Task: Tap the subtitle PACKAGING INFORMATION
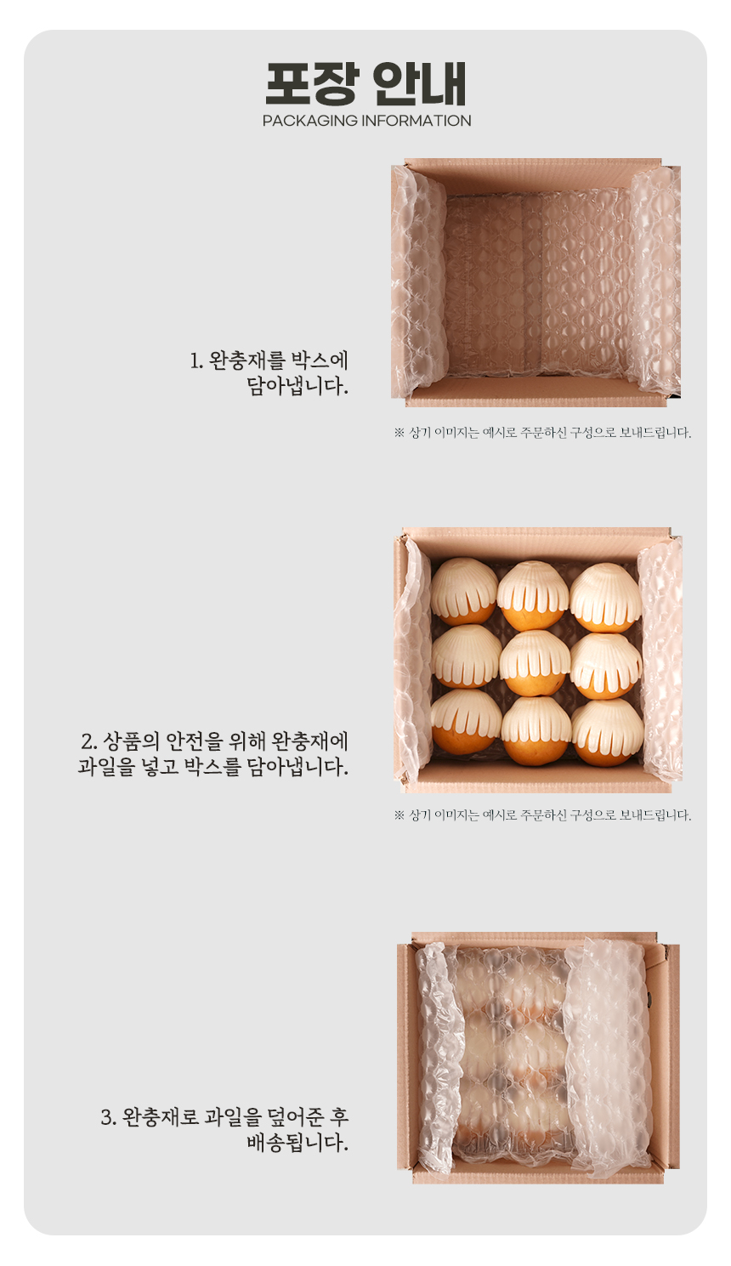pos(366,121)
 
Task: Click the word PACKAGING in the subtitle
pos(310,121)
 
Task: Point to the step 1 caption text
pos(269,373)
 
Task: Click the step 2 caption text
pos(213,754)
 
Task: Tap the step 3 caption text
pos(225,1130)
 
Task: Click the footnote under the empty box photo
pos(542,433)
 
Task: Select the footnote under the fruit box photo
pos(542,815)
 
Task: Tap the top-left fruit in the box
pos(464,591)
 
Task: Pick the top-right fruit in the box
pos(604,598)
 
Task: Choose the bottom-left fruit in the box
pos(466,721)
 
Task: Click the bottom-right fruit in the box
pos(608,732)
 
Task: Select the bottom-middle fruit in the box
pos(536,730)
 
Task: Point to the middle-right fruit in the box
pos(606,666)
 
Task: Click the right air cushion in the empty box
pos(655,281)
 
